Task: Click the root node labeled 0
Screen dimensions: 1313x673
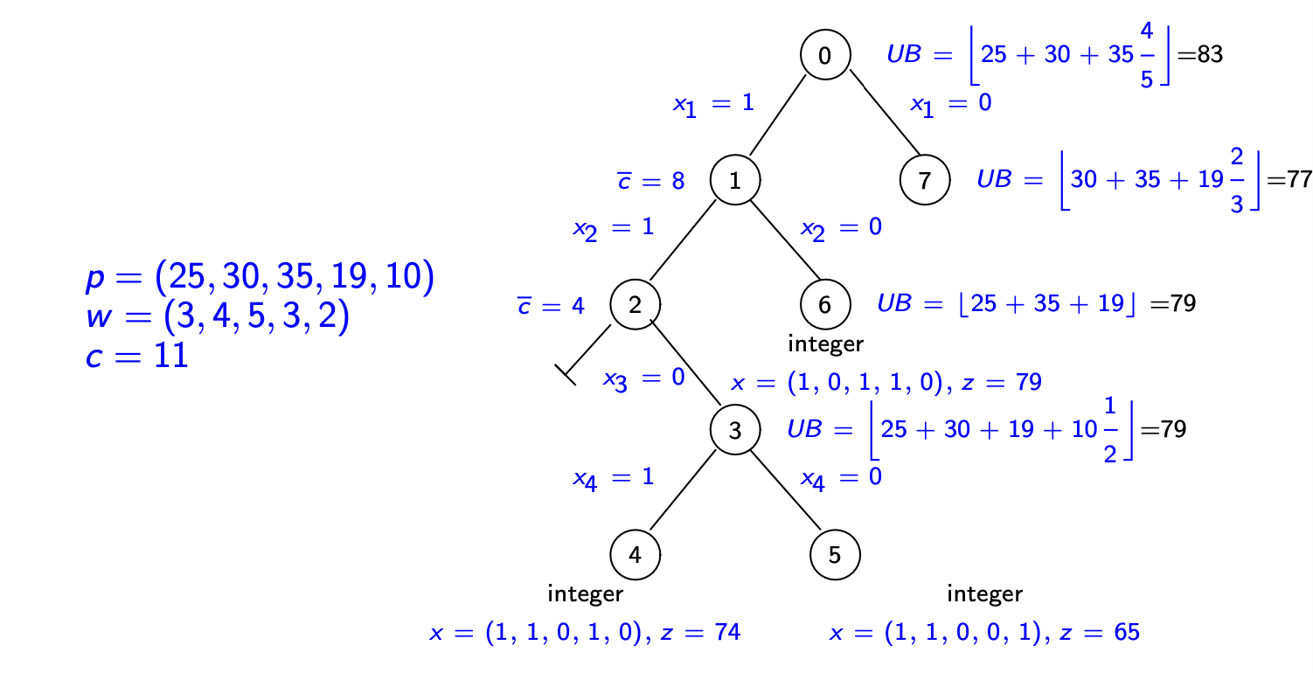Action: pyautogui.click(x=825, y=55)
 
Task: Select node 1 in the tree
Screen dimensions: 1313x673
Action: pyautogui.click(x=734, y=181)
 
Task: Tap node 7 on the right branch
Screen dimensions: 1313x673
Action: pyautogui.click(x=925, y=181)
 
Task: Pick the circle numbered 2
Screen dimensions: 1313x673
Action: pyautogui.click(x=636, y=305)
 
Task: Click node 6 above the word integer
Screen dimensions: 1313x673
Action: pyautogui.click(x=825, y=305)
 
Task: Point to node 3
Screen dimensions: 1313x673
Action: pyautogui.click(x=734, y=430)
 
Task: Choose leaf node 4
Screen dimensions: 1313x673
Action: pyautogui.click(x=636, y=554)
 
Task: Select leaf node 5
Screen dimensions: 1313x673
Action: pyautogui.click(x=835, y=554)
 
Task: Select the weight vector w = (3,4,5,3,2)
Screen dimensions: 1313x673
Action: pyautogui.click(x=218, y=318)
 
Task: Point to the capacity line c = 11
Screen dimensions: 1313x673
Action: pyautogui.click(x=137, y=357)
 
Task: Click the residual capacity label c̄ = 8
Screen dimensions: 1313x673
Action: pyautogui.click(x=650, y=181)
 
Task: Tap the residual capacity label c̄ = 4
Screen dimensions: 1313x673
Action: pyautogui.click(x=551, y=305)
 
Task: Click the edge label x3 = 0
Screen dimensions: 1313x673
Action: pyautogui.click(x=644, y=380)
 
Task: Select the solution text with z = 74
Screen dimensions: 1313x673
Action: pyautogui.click(x=585, y=633)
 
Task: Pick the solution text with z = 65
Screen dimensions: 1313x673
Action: pyautogui.click(x=984, y=633)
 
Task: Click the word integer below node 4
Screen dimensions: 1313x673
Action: pyautogui.click(x=585, y=594)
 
